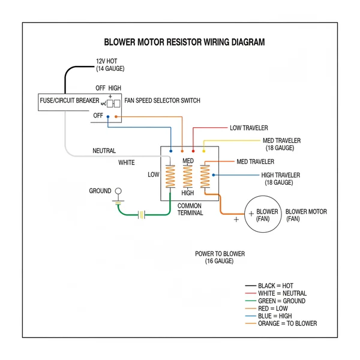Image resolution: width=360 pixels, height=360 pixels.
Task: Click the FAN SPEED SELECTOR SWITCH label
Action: coord(162,100)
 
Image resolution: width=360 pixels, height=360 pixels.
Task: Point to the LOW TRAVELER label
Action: coord(248,128)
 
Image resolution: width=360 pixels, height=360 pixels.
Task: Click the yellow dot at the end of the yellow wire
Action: coord(203,150)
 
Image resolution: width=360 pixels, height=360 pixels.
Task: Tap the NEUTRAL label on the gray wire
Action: coord(104,151)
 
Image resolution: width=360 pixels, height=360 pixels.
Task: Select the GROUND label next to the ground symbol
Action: coord(100,191)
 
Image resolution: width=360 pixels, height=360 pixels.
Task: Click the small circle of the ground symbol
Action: coord(118,191)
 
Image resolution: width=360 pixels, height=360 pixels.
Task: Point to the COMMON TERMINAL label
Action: coord(190,209)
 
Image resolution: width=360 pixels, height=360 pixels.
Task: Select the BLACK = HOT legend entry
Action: coord(275,286)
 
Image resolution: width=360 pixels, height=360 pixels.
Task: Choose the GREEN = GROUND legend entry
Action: coord(281,301)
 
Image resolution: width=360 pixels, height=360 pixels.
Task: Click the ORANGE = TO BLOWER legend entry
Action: coord(287,324)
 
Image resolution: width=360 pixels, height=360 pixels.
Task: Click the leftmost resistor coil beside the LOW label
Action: coord(170,176)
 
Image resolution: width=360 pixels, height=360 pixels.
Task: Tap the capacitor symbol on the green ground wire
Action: coord(142,214)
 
